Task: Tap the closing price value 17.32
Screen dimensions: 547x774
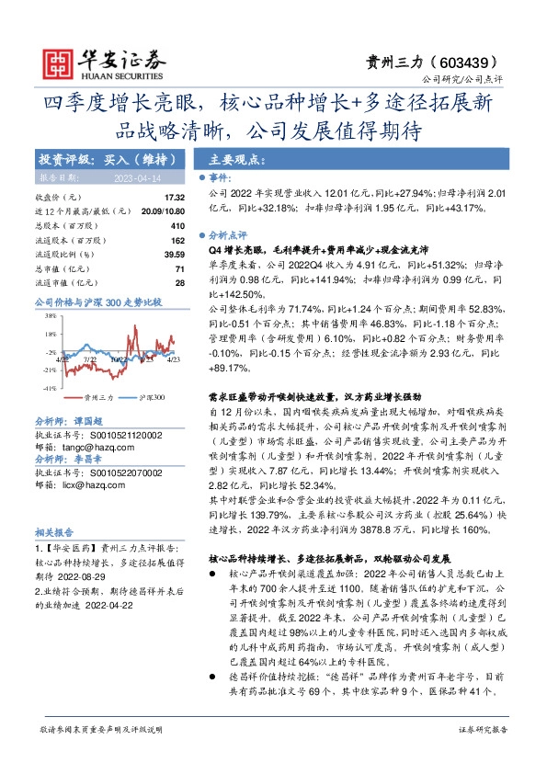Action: (175, 198)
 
